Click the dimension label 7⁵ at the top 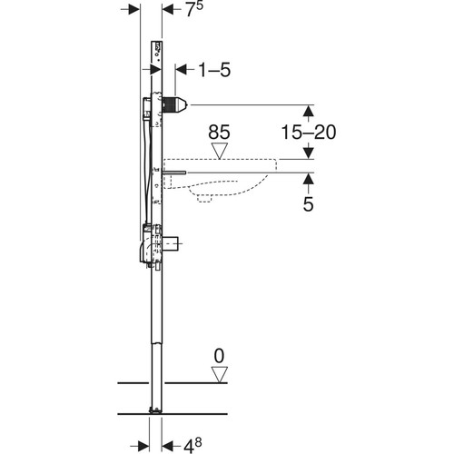pyautogui.click(x=194, y=9)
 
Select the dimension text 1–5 pyautogui.click(x=214, y=70)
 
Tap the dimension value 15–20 pyautogui.click(x=309, y=132)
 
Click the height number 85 pyautogui.click(x=219, y=133)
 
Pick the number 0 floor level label pyautogui.click(x=219, y=356)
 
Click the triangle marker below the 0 pyautogui.click(x=220, y=375)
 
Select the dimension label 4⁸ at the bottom pyautogui.click(x=192, y=446)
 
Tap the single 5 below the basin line pyautogui.click(x=308, y=204)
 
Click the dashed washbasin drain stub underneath pyautogui.click(x=204, y=198)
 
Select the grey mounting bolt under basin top pyautogui.click(x=174, y=173)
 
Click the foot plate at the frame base pyautogui.click(x=155, y=410)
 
